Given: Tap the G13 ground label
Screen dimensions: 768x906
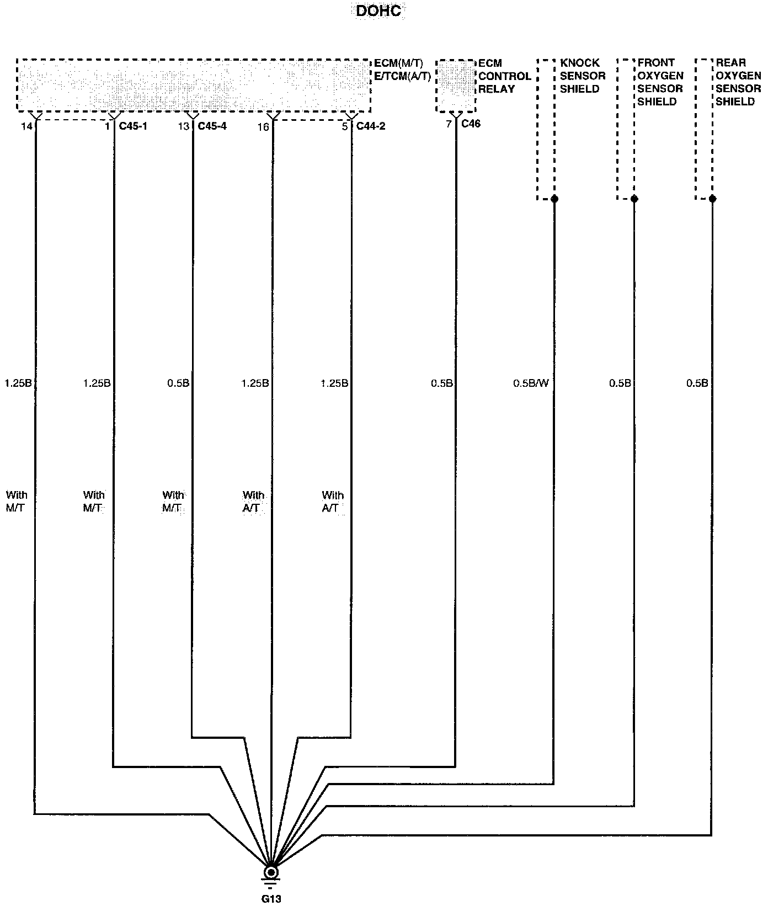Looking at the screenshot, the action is pyautogui.click(x=271, y=898).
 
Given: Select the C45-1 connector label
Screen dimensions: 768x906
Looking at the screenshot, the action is pyautogui.click(x=133, y=126).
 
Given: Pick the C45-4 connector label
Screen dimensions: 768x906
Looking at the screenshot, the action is pyautogui.click(x=212, y=126).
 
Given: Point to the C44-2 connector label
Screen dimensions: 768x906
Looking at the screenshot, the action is pyautogui.click(x=370, y=126).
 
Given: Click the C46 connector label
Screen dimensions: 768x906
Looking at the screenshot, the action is pyautogui.click(x=471, y=124).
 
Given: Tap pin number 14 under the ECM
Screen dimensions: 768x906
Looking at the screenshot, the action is pyautogui.click(x=26, y=127).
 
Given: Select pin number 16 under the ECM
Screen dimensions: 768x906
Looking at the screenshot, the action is pyautogui.click(x=263, y=127).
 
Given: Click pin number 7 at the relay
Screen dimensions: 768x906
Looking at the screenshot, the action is pyautogui.click(x=449, y=125).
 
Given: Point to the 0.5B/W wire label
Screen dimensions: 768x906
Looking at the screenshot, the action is pyautogui.click(x=531, y=383).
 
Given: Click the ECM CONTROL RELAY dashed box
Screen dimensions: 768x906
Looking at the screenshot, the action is pyautogui.click(x=455, y=86).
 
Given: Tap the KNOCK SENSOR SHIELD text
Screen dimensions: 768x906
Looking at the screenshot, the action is pyautogui.click(x=583, y=76).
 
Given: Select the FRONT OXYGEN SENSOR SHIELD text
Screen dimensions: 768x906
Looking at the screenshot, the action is pyautogui.click(x=660, y=82).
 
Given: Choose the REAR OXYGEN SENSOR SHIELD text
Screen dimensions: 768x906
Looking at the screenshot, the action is pyautogui.click(x=738, y=82).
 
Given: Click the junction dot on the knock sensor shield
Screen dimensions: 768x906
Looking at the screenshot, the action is pyautogui.click(x=554, y=199).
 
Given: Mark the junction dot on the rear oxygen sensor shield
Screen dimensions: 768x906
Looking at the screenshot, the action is pyautogui.click(x=712, y=199).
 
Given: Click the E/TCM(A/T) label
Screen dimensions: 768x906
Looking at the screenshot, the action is pyautogui.click(x=403, y=76).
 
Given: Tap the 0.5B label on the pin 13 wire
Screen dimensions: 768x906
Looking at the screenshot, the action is pyautogui.click(x=178, y=383).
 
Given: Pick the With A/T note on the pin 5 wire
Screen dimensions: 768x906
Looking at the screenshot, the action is pyautogui.click(x=333, y=502).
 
